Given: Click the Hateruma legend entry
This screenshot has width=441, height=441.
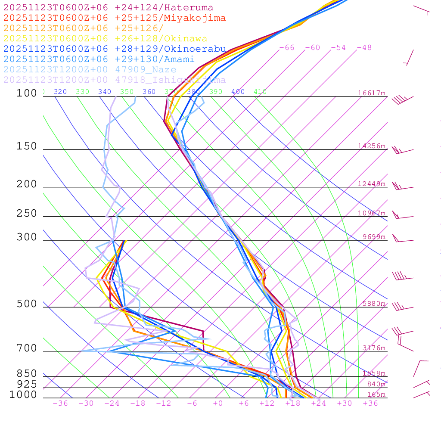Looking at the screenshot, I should (108, 8).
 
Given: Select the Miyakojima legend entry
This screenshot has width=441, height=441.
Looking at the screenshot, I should (114, 18).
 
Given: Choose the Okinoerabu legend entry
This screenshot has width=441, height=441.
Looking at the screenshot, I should (114, 49).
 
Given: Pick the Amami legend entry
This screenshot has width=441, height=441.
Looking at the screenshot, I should (99, 59).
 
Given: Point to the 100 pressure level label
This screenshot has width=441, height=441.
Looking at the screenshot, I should (27, 93).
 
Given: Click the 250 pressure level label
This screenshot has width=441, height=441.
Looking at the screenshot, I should (27, 214).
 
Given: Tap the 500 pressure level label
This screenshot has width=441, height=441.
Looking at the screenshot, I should (27, 304).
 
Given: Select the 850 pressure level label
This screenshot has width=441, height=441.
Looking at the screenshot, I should (27, 374).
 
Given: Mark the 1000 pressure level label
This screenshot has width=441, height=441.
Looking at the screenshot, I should (23, 395).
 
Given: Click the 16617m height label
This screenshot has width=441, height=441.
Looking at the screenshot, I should (372, 93).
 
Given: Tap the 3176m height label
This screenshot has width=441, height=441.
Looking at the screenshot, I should (374, 348).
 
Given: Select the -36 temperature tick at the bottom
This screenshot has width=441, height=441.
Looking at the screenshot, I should (60, 403).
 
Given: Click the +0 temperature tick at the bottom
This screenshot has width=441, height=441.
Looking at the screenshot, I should (218, 403).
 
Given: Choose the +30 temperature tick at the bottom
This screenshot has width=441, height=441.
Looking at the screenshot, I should (345, 403).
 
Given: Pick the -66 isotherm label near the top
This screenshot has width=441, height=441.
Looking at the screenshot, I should (286, 48).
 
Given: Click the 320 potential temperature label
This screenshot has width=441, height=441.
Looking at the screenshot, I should (60, 92).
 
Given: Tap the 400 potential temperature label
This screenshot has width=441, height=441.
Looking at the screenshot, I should (238, 92).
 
